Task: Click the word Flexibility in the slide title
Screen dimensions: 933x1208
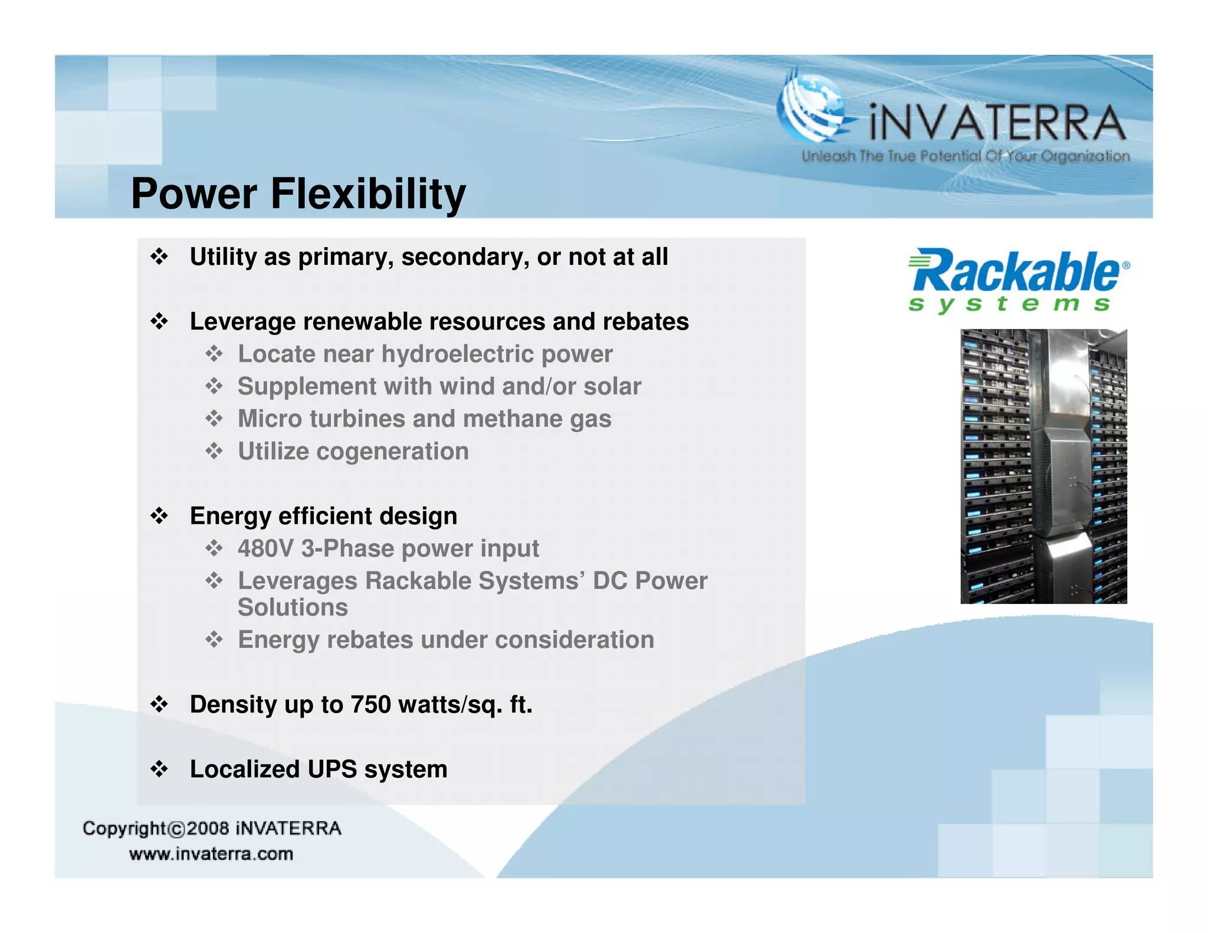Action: click(368, 194)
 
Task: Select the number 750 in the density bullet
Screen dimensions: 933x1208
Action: click(370, 705)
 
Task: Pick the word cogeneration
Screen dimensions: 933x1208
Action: click(392, 451)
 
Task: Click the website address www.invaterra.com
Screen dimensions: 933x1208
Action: click(211, 854)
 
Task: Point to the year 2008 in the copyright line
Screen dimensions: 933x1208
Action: click(208, 829)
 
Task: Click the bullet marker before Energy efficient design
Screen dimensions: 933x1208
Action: click(159, 516)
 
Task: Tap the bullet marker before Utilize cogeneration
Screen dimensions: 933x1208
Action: click(214, 451)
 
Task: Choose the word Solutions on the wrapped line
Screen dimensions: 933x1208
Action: click(293, 607)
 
